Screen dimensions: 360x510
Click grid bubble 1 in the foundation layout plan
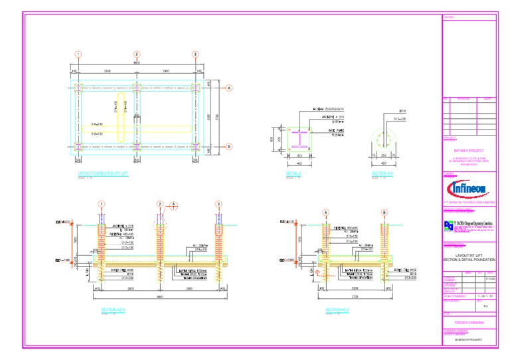(x=78, y=54)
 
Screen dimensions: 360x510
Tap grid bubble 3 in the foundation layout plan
(x=195, y=54)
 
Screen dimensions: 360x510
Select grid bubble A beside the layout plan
(x=229, y=88)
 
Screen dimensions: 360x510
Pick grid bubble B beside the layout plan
(x=229, y=147)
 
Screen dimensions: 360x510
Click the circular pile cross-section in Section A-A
(x=383, y=140)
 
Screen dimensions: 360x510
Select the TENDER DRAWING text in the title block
(x=468, y=323)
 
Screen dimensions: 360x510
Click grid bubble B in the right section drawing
(x=384, y=212)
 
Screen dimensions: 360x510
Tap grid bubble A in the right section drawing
(x=325, y=212)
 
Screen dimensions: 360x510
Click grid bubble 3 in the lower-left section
(x=218, y=204)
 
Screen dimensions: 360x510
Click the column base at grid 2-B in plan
(x=137, y=147)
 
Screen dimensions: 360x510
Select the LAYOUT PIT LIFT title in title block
(x=468, y=256)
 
